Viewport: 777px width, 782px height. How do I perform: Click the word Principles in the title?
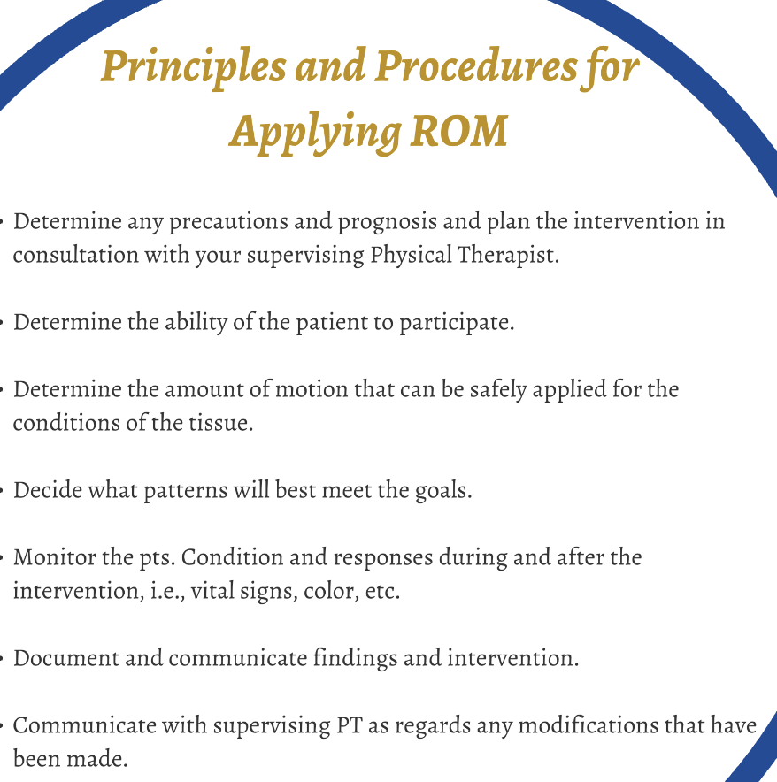coord(194,68)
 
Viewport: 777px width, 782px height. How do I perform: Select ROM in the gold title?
coord(458,131)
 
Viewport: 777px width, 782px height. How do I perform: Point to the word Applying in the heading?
coord(315,134)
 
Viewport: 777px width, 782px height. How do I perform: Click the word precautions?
coord(228,222)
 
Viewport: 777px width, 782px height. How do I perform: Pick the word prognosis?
coord(388,222)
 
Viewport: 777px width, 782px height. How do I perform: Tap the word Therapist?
coord(508,256)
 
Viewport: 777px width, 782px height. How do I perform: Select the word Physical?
coord(411,256)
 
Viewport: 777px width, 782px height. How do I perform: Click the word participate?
coord(455,323)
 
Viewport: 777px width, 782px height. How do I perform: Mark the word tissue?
coord(221,423)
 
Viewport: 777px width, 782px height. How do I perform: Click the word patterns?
coord(186,491)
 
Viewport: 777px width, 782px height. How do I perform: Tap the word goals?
coord(443,491)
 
